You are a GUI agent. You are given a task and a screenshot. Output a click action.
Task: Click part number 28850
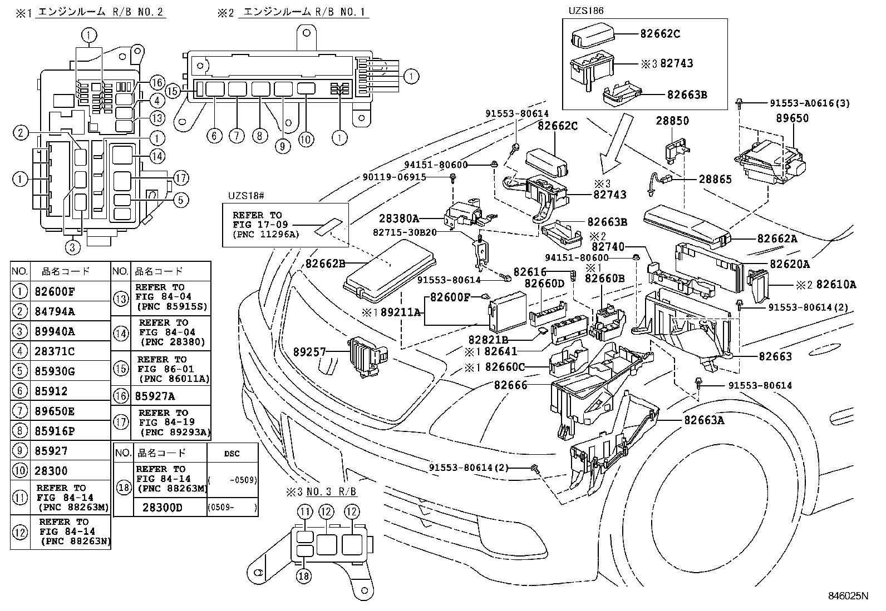(672, 121)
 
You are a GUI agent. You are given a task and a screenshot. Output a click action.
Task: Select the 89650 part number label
(793, 118)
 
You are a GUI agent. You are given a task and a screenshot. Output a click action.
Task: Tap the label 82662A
(777, 239)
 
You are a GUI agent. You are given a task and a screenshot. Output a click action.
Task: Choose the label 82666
(510, 384)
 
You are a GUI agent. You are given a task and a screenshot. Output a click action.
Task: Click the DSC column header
(232, 453)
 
